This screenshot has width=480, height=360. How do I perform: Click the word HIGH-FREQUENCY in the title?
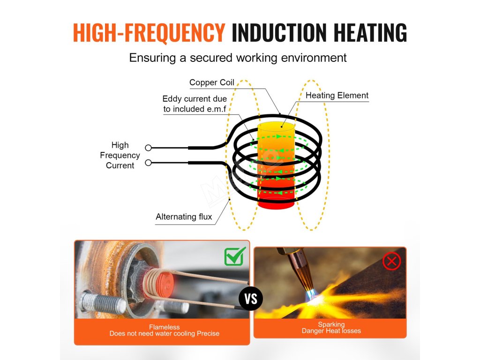coord(149,32)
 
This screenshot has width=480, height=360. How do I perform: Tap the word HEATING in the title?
coord(370,32)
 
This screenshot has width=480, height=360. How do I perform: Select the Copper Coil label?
coord(211,82)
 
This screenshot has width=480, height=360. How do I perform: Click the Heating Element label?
coord(337,96)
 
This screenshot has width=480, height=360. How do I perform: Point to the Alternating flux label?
coord(184,217)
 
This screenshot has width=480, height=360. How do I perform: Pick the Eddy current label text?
coord(195,104)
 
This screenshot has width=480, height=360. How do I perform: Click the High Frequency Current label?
coord(120,155)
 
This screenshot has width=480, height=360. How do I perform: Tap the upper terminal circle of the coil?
coord(148,148)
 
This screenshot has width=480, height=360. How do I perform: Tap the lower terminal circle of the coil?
coord(148,163)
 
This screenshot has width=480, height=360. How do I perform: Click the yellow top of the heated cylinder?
coord(277,127)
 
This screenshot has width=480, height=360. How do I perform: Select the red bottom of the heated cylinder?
coord(276,203)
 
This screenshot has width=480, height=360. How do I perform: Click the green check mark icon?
coord(235,256)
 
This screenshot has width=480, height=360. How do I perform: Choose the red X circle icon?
coord(391,261)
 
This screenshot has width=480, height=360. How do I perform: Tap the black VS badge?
coord(251,299)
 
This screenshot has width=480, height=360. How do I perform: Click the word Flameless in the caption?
coord(164,327)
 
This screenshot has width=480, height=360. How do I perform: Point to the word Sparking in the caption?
coord(331,324)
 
